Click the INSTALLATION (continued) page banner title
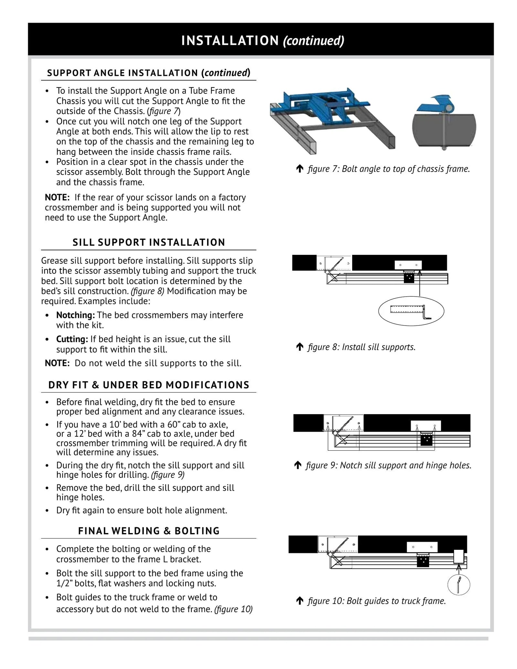(x=262, y=41)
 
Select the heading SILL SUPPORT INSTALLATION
(x=149, y=242)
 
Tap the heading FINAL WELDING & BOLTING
(x=149, y=531)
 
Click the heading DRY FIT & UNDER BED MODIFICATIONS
(x=149, y=385)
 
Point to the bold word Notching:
(x=76, y=315)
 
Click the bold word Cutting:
(x=72, y=339)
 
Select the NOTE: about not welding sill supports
(x=57, y=363)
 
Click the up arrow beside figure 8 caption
(x=300, y=347)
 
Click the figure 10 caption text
(x=376, y=601)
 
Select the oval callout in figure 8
(x=411, y=311)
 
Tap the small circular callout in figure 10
(x=459, y=585)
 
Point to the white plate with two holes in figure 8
(x=408, y=265)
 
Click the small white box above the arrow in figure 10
(x=459, y=556)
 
